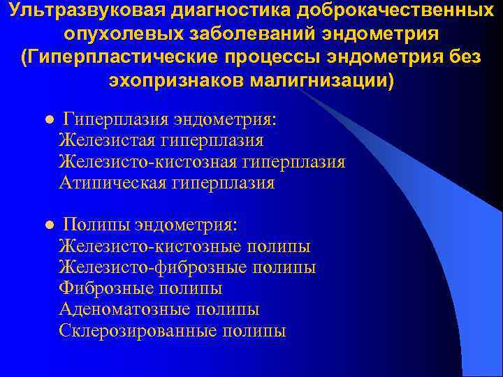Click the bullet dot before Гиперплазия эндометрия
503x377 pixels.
(x=48, y=121)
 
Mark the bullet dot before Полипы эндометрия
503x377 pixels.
(x=48, y=226)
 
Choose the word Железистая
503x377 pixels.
(x=105, y=141)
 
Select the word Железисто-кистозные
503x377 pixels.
(x=150, y=246)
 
